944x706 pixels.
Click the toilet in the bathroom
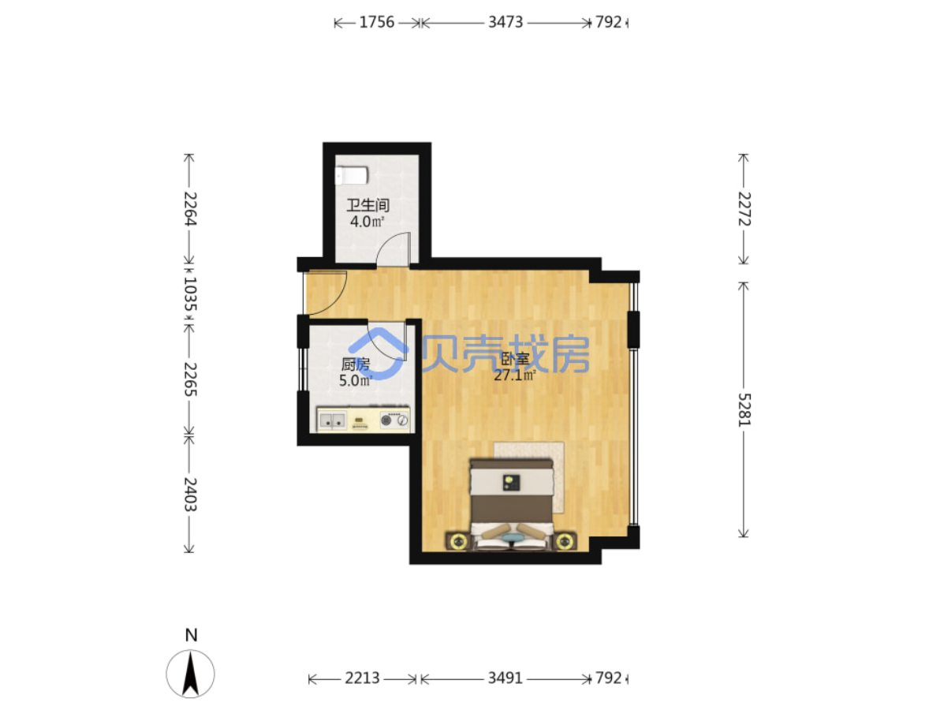pyautogui.click(x=352, y=175)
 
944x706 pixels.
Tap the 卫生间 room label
pyautogui.click(x=368, y=205)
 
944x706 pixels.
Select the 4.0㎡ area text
pyautogui.click(x=368, y=222)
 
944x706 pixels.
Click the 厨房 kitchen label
pyautogui.click(x=355, y=364)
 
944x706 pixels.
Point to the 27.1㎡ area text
pyautogui.click(x=515, y=375)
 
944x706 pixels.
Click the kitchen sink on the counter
pyautogui.click(x=332, y=420)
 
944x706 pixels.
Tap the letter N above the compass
pyautogui.click(x=191, y=635)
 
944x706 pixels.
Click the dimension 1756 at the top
pyautogui.click(x=377, y=22)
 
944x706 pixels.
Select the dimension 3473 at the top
pyautogui.click(x=506, y=22)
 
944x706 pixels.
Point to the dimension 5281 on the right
pyautogui.click(x=744, y=409)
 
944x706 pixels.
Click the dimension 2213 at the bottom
pyautogui.click(x=363, y=678)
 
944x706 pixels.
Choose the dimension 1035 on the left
pyautogui.click(x=190, y=294)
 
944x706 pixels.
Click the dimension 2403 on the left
pyautogui.click(x=190, y=494)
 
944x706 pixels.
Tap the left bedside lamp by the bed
pyautogui.click(x=459, y=542)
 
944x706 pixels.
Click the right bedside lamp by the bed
pyautogui.click(x=565, y=542)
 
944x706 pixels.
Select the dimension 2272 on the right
pyautogui.click(x=744, y=208)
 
